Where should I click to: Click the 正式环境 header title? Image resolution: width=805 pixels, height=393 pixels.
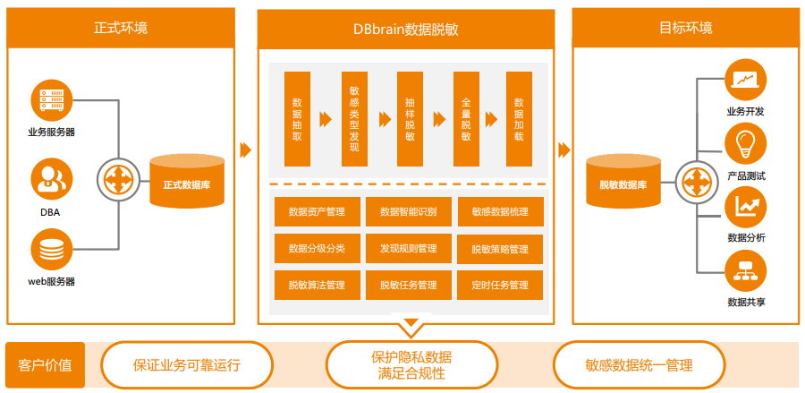pos(121,28)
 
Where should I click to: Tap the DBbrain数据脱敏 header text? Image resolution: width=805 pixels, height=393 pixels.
pos(405,28)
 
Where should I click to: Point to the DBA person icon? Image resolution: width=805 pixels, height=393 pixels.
pos(50,179)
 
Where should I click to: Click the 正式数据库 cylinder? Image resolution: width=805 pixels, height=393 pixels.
pos(187,184)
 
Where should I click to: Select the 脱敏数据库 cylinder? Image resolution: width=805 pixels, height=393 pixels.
pos(623,184)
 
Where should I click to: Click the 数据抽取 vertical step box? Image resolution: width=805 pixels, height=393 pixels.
pos(297,119)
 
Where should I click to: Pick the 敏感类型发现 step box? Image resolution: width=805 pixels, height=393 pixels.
pos(353,119)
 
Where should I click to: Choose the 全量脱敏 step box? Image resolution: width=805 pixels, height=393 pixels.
pos(466,119)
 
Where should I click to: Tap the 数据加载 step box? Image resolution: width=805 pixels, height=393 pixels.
pos(519,119)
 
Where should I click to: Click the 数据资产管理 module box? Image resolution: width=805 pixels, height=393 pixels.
pos(317,212)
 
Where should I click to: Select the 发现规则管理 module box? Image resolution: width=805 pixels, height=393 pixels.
pos(408,248)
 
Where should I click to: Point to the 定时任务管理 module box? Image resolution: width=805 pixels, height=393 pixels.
pos(499,285)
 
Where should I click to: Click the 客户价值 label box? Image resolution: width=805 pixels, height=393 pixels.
pos(46,365)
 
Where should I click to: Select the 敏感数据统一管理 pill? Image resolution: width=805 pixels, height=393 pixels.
pos(639,365)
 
